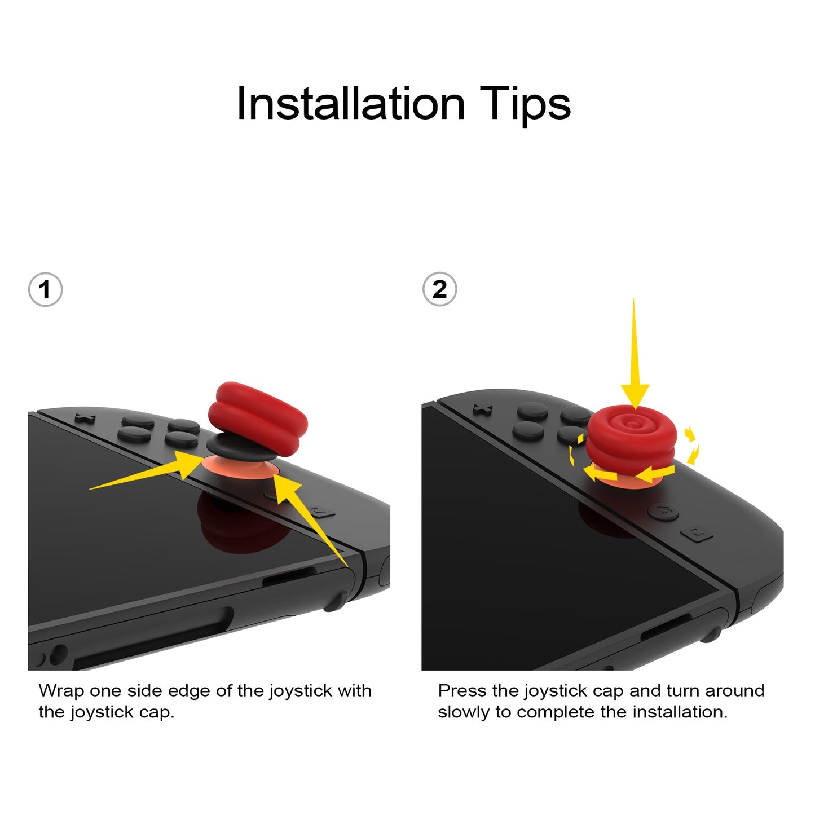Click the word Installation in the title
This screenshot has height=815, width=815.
[351, 104]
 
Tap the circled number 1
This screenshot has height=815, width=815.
[45, 290]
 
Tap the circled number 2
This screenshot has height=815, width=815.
[440, 289]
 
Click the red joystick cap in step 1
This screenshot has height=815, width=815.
[258, 418]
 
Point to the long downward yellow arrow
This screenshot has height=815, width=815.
[635, 354]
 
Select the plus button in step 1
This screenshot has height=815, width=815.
[85, 418]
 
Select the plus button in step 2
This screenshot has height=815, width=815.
[483, 408]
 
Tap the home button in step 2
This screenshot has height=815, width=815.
[663, 512]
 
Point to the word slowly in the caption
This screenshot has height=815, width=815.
[464, 713]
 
